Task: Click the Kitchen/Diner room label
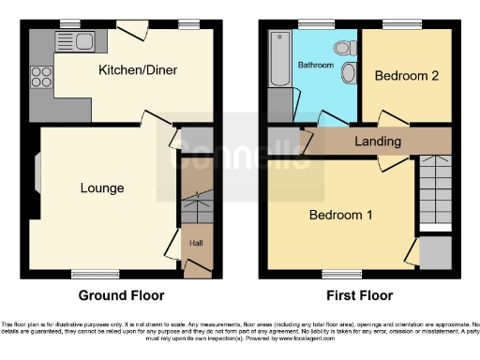[138, 70]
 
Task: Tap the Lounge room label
[101, 188]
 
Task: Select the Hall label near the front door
[196, 243]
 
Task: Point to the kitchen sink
[72, 39]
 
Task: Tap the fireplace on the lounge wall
[37, 185]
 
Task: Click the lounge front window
[96, 274]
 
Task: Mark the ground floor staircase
[196, 202]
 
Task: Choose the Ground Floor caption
[116, 295]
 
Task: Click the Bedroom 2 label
[406, 77]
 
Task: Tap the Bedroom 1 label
[341, 215]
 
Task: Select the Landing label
[378, 142]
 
